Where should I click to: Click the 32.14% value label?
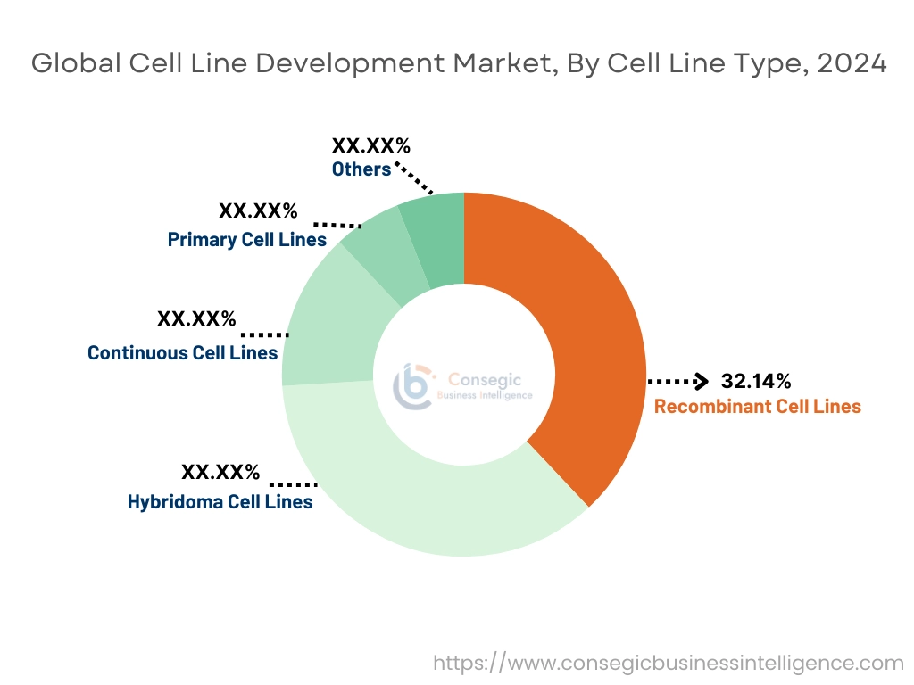coord(756,382)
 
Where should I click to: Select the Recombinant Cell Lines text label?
coord(757,407)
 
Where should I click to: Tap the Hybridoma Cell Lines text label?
coord(220,501)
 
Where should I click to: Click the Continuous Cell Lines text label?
coord(182,353)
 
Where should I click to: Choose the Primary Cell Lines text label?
coord(246,240)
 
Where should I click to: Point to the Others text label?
coord(361,169)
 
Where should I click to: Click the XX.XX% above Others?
coord(370,145)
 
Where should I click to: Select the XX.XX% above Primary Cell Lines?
coord(258,211)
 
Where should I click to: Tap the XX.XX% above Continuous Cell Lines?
coord(196,318)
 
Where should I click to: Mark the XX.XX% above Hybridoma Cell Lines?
coord(220,472)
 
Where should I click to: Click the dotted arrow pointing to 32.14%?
coord(678,382)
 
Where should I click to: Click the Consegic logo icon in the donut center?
coord(412,385)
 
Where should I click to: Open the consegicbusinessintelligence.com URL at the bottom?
coord(669,663)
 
